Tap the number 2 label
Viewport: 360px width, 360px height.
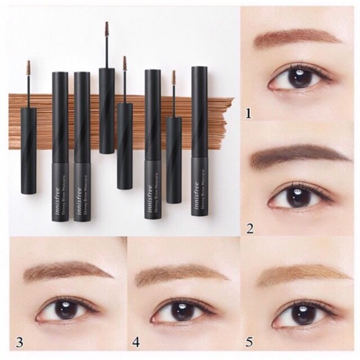250,228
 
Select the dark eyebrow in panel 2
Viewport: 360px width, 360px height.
298,155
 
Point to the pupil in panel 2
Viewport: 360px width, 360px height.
297,196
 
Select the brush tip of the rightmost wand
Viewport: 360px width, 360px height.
174,77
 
